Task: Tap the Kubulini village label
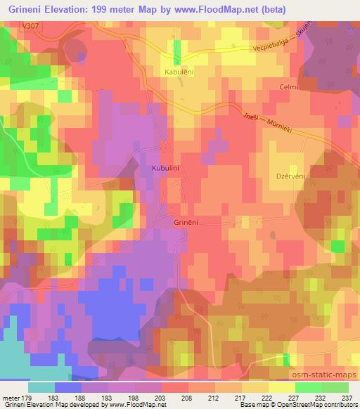click(x=166, y=169)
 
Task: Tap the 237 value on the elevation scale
click(x=347, y=396)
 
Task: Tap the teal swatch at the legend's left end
click(x=41, y=387)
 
